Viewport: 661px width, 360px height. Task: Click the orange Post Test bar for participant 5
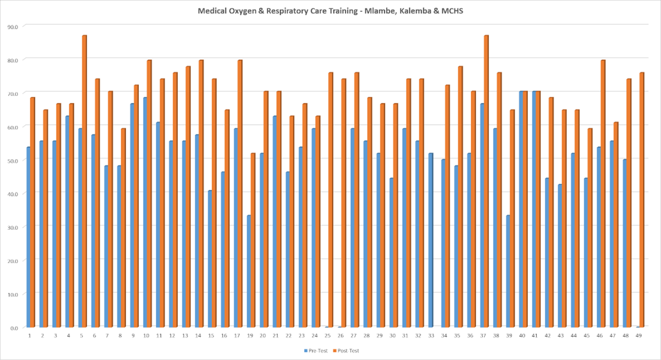(84, 181)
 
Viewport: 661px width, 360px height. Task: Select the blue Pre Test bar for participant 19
(249, 271)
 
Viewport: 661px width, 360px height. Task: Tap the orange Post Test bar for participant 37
(486, 181)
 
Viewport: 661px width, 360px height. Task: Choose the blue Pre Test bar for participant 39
(508, 271)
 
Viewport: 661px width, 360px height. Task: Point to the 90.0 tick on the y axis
(13, 27)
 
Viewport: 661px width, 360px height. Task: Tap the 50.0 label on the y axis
(13, 160)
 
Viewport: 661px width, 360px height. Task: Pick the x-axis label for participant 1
(30, 336)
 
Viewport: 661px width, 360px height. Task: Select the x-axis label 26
(341, 336)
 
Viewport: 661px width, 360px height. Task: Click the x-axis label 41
(535, 336)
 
